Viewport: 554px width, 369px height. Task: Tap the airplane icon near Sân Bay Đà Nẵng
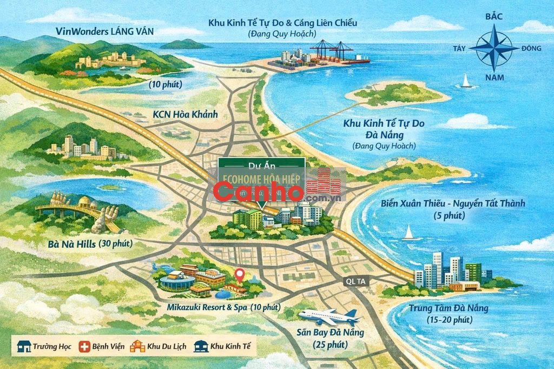pyautogui.click(x=330, y=316)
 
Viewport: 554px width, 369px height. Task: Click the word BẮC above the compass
pyautogui.click(x=494, y=16)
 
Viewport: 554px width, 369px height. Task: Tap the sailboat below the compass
pyautogui.click(x=466, y=81)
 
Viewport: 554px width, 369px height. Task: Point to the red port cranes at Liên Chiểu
pyautogui.click(x=332, y=51)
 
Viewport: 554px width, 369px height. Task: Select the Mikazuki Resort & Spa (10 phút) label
pyautogui.click(x=223, y=307)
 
